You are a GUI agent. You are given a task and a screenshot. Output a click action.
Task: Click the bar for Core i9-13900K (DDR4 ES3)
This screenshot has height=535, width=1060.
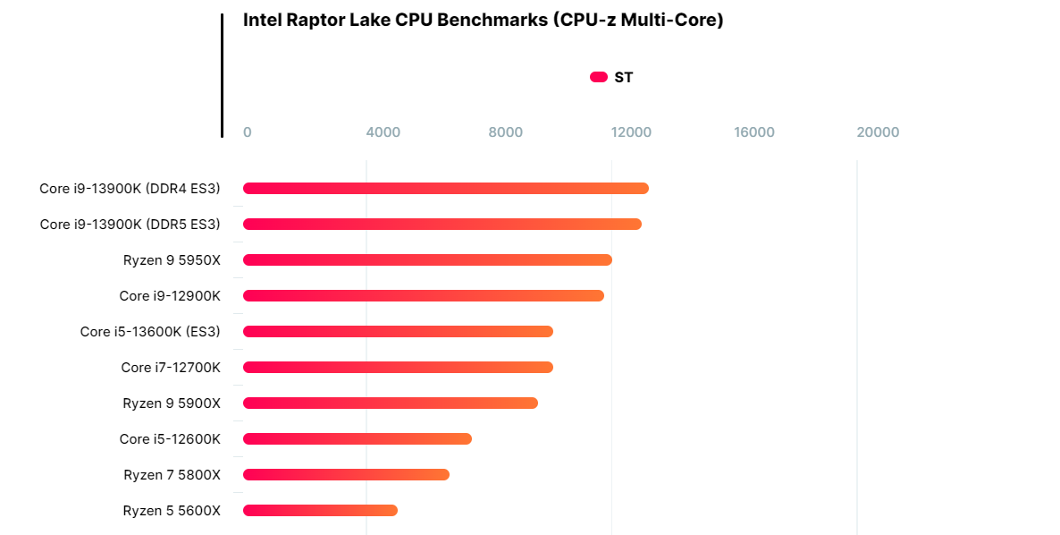click(445, 188)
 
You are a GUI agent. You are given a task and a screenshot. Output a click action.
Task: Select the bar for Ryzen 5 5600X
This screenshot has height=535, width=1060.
click(320, 510)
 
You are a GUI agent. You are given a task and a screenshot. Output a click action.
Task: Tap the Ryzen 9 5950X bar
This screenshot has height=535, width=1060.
click(427, 259)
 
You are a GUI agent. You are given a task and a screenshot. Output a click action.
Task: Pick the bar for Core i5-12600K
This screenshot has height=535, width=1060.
click(357, 438)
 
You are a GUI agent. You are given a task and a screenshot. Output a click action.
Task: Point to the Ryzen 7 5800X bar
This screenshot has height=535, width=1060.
click(346, 474)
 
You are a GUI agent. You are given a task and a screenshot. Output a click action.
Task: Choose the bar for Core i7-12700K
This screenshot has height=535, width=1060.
click(398, 367)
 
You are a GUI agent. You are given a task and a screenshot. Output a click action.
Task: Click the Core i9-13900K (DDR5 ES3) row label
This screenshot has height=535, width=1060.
click(130, 224)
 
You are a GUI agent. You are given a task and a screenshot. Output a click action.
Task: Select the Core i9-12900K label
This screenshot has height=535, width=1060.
click(170, 295)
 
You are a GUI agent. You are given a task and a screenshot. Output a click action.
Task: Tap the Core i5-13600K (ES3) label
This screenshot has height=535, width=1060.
click(150, 331)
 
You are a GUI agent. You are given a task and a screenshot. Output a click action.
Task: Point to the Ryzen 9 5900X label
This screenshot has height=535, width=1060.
click(172, 403)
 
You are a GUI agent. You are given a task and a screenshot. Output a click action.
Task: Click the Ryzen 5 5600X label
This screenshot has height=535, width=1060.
click(172, 510)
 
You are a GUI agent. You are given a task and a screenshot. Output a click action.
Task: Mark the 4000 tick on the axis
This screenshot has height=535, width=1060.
click(383, 132)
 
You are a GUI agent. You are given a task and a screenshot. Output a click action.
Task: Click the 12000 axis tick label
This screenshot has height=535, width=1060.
click(631, 132)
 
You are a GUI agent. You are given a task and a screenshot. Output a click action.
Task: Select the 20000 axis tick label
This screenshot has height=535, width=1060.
click(878, 132)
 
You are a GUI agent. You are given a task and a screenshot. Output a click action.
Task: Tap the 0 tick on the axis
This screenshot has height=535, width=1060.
click(248, 132)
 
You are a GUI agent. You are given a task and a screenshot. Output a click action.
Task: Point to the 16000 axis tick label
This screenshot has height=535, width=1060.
click(754, 132)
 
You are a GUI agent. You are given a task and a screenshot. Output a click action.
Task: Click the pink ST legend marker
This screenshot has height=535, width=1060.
click(599, 77)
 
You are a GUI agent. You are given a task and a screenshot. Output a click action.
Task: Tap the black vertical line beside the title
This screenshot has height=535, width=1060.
click(222, 75)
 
